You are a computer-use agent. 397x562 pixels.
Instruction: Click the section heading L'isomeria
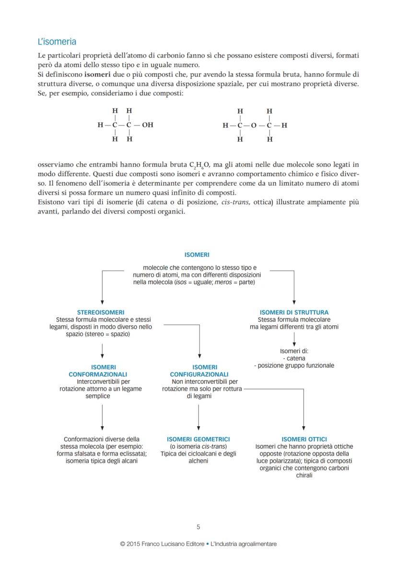(x=57, y=42)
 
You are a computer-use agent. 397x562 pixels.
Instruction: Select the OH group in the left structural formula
(x=148, y=125)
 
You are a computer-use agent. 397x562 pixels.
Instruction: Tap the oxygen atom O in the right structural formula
(x=254, y=126)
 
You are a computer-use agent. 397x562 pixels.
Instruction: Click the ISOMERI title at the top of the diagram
(x=197, y=255)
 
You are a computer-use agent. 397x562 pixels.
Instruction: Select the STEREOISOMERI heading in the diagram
(x=101, y=312)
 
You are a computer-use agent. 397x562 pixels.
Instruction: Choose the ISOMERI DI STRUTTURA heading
(x=294, y=312)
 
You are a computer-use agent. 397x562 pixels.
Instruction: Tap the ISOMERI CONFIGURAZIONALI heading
(x=199, y=371)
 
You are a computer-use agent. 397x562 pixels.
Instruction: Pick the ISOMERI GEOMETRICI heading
(x=198, y=439)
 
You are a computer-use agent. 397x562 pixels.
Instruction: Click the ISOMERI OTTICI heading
(x=304, y=439)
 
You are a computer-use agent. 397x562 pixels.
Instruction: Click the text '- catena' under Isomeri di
(x=294, y=358)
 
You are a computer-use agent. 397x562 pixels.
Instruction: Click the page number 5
(x=198, y=526)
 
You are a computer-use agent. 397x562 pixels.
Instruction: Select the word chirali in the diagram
(x=304, y=475)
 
